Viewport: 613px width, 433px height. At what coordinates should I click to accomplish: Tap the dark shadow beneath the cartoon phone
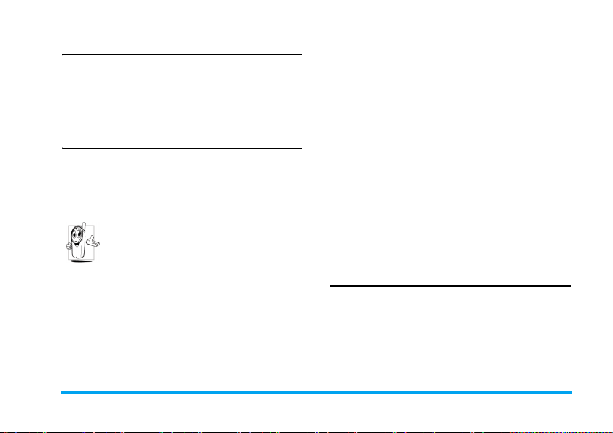(81, 261)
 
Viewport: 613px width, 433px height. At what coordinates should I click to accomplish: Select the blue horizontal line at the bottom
(316, 392)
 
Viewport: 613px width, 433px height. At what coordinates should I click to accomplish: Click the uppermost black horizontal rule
(181, 54)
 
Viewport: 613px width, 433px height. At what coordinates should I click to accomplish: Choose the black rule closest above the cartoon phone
(181, 148)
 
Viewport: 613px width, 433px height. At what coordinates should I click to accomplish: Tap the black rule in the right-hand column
(450, 286)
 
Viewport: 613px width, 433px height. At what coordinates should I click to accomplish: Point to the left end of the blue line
(62, 392)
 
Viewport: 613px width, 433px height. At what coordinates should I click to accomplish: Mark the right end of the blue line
(571, 392)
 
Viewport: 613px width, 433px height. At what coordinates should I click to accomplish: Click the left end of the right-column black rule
(331, 286)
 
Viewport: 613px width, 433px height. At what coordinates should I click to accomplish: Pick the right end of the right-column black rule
(569, 286)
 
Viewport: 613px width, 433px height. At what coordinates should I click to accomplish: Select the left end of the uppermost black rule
(62, 54)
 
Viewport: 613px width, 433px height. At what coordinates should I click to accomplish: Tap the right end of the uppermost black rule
(300, 54)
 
